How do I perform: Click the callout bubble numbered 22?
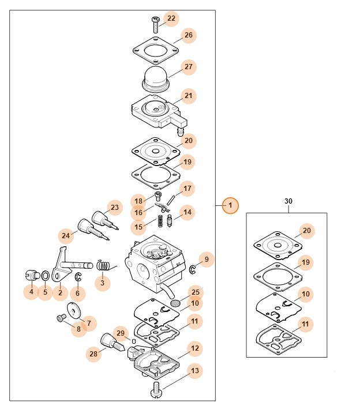[x=171, y=18]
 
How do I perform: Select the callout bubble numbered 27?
[x=188, y=67]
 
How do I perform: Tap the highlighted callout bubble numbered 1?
[x=230, y=205]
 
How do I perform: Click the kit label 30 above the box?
[x=288, y=201]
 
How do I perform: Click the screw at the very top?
[x=156, y=24]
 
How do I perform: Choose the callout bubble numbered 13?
[x=194, y=371]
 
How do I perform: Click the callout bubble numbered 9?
[x=207, y=258]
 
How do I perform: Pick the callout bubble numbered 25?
[x=195, y=292]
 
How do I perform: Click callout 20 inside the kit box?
[x=306, y=231]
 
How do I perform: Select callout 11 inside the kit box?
[x=306, y=325]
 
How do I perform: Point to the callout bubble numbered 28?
[x=93, y=354]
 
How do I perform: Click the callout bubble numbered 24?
[x=66, y=235]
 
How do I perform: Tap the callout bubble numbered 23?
[x=114, y=208]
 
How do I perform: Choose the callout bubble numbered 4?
[x=31, y=292]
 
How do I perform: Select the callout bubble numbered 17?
[x=187, y=189]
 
